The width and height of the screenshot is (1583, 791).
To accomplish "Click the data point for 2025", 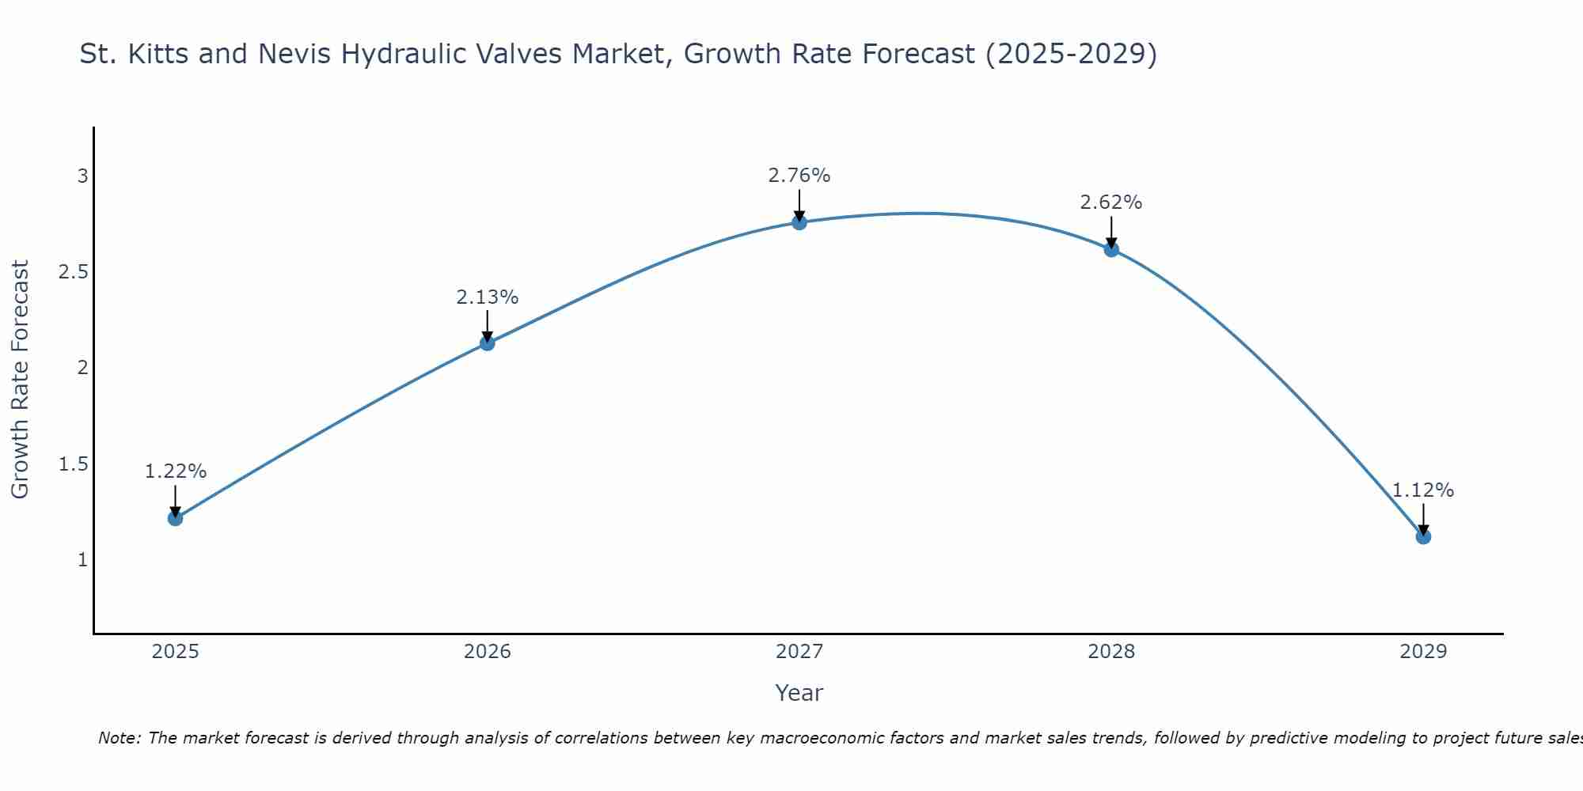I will point(175,518).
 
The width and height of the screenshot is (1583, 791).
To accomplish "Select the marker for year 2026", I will point(487,343).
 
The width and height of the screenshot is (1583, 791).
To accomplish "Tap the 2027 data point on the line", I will point(799,222).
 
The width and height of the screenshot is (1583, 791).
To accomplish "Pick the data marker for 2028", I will point(1111,249).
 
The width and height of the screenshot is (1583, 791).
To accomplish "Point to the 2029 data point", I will point(1423,536).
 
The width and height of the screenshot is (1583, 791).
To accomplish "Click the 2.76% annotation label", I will point(799,176).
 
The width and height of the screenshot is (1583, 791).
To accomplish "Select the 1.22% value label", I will point(175,471).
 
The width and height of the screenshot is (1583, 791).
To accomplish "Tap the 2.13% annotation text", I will point(487,297).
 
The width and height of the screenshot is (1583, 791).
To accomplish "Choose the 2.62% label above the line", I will point(1111,202).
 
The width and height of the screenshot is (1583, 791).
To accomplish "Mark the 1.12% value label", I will point(1423,490).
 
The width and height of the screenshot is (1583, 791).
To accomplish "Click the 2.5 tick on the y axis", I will point(73,272).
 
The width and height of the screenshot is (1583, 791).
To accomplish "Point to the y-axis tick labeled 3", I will point(82,176).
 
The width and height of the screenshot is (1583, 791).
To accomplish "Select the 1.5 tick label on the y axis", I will point(73,464).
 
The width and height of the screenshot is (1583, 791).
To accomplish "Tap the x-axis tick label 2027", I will point(799,652).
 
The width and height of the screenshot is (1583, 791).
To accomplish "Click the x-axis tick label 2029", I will point(1423,652).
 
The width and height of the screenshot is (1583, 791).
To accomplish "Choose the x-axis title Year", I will point(799,693).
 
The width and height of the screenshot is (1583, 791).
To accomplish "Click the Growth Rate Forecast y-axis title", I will point(20,380).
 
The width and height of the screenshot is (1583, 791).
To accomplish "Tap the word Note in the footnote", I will point(119,738).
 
